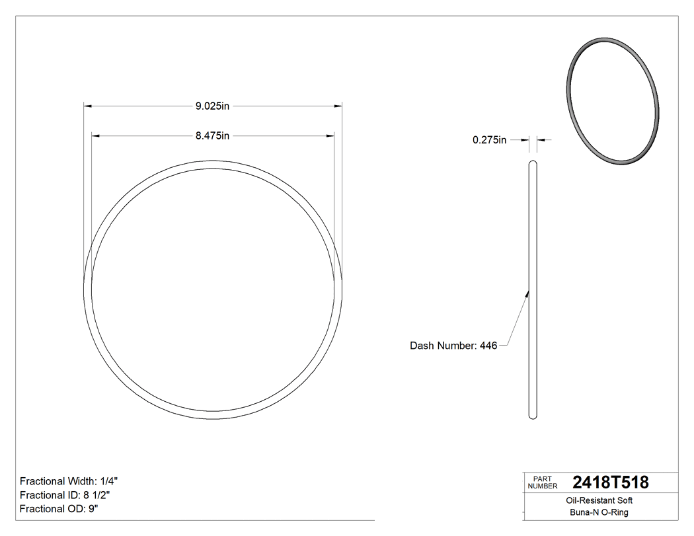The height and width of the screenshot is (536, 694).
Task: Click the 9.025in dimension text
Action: tap(212, 105)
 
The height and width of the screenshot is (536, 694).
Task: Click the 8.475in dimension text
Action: tap(212, 136)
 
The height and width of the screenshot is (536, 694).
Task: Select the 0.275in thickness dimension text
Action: tap(489, 139)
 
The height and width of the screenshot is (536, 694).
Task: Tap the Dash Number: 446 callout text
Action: tap(453, 346)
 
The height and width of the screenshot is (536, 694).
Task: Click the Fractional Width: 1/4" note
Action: tap(69, 481)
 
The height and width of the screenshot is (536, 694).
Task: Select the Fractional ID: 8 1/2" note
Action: tap(65, 495)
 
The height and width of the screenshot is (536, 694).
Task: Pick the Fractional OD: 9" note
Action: tap(59, 509)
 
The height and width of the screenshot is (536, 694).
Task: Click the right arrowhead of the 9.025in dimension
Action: tap(338, 105)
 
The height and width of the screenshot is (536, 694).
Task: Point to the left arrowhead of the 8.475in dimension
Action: tap(95, 136)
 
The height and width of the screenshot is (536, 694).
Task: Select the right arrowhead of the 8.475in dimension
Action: tap(330, 136)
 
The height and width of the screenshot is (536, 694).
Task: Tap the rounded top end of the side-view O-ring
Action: tap(533, 162)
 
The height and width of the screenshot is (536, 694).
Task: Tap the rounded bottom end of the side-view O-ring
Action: tap(533, 416)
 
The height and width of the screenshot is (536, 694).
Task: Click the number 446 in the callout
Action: tap(488, 346)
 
